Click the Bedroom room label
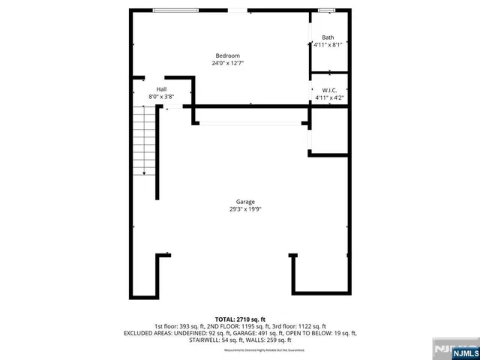(227, 55)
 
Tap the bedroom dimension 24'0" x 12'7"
(227, 63)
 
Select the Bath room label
(328, 37)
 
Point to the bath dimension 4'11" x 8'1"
(328, 45)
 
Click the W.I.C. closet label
(328, 90)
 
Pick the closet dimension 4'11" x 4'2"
(328, 97)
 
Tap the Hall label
(161, 89)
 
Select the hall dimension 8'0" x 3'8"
(161, 97)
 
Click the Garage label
(245, 202)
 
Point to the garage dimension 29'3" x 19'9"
(245, 209)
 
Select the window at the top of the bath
(325, 10)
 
